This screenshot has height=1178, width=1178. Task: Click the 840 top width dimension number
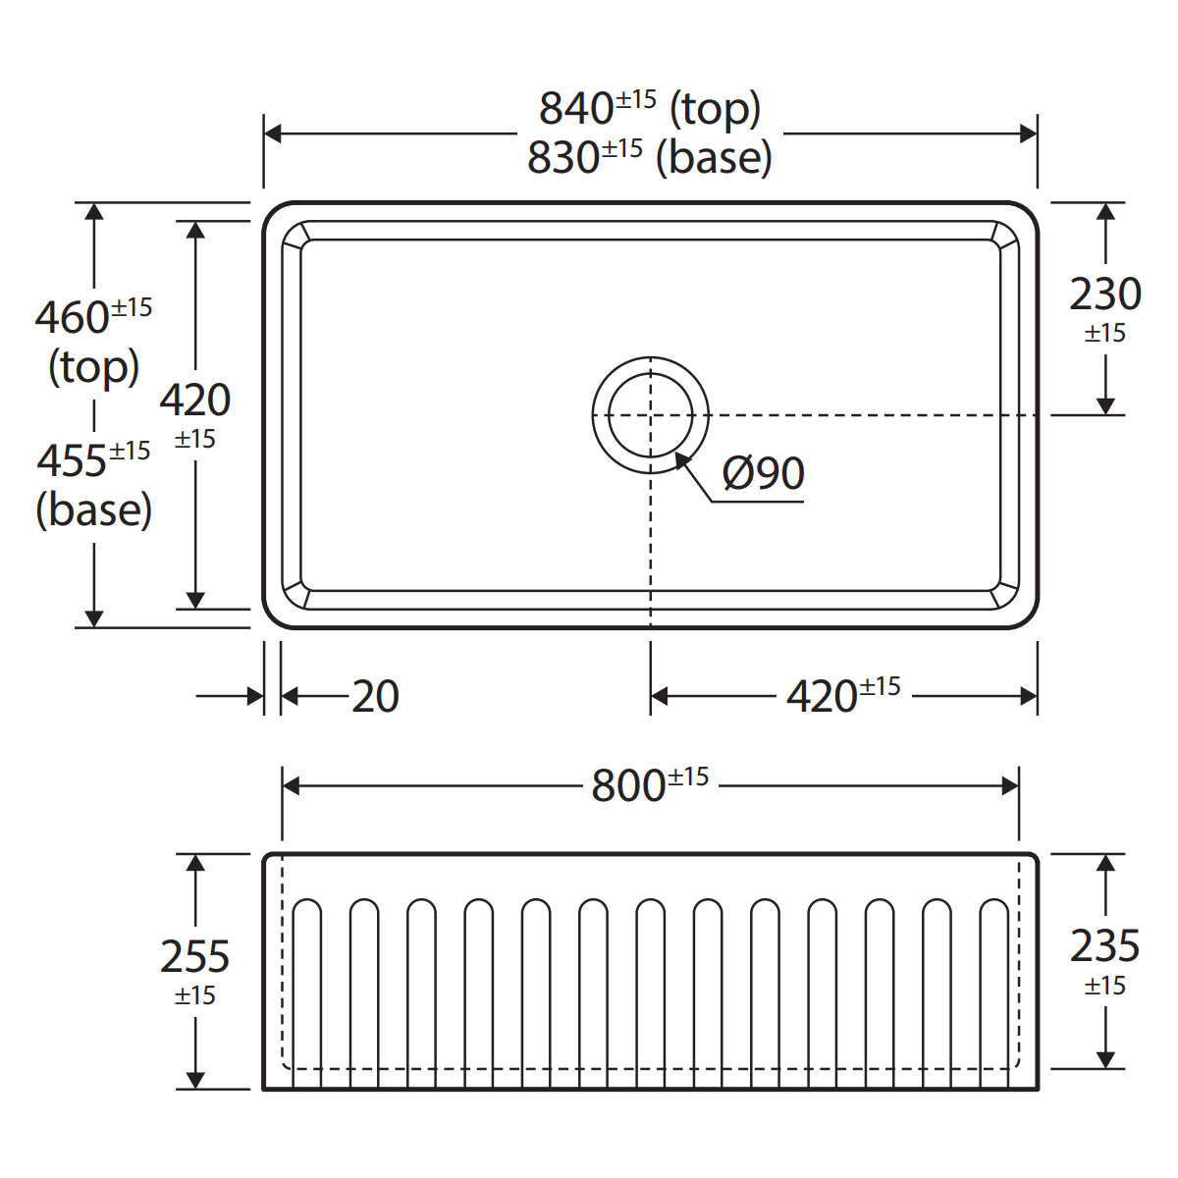coord(576,109)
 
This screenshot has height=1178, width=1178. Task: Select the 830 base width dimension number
coord(563,158)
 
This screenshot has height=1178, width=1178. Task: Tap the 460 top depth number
coord(72,318)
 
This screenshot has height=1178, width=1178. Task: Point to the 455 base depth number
coord(72,461)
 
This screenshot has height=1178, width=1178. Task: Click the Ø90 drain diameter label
coord(764,473)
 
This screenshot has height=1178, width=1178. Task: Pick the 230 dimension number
coord(1105,294)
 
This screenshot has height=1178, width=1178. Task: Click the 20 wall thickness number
coord(375,696)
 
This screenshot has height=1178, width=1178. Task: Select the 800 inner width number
coord(628,786)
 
